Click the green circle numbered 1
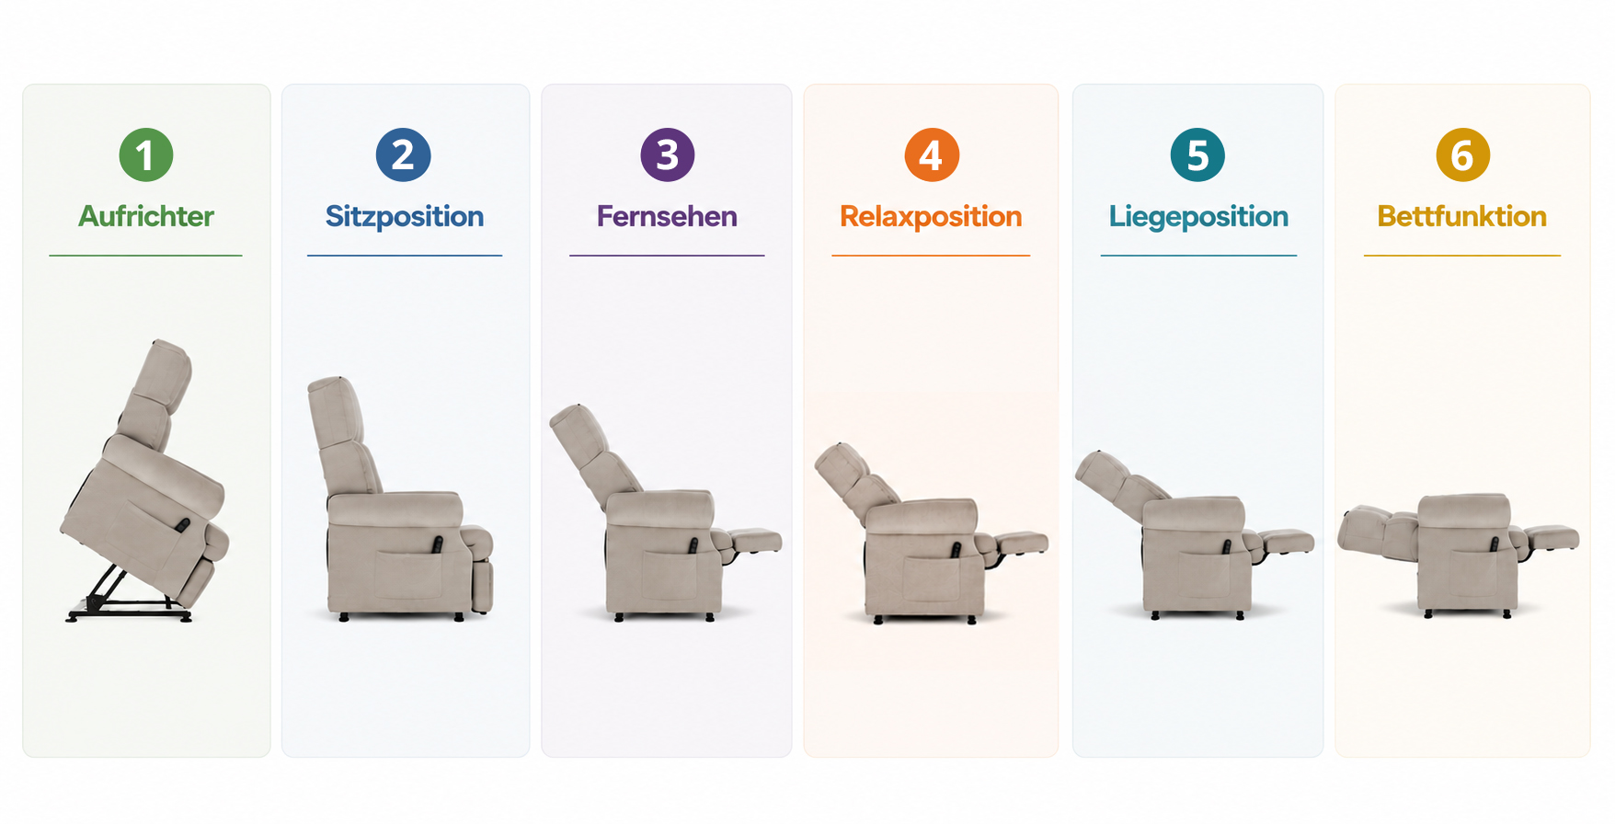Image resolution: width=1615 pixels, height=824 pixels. click(146, 154)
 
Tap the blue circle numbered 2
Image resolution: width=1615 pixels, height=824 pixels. click(403, 154)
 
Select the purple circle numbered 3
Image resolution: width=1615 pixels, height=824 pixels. click(667, 154)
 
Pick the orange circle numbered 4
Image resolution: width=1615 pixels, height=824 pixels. click(932, 154)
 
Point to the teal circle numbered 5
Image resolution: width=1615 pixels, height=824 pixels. click(1197, 154)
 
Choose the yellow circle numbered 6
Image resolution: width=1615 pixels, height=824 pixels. click(1462, 154)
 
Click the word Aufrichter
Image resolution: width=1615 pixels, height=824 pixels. click(146, 216)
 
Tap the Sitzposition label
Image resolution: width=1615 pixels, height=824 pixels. click(405, 217)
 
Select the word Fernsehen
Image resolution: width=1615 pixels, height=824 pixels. click(667, 216)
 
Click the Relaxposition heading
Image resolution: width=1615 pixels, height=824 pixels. click(931, 217)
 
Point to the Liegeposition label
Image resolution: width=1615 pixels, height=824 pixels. click(1198, 217)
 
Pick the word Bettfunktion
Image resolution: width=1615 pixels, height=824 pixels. click(1462, 216)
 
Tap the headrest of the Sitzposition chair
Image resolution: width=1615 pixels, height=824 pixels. click(335, 410)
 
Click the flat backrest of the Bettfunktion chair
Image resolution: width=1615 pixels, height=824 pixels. click(1378, 531)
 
